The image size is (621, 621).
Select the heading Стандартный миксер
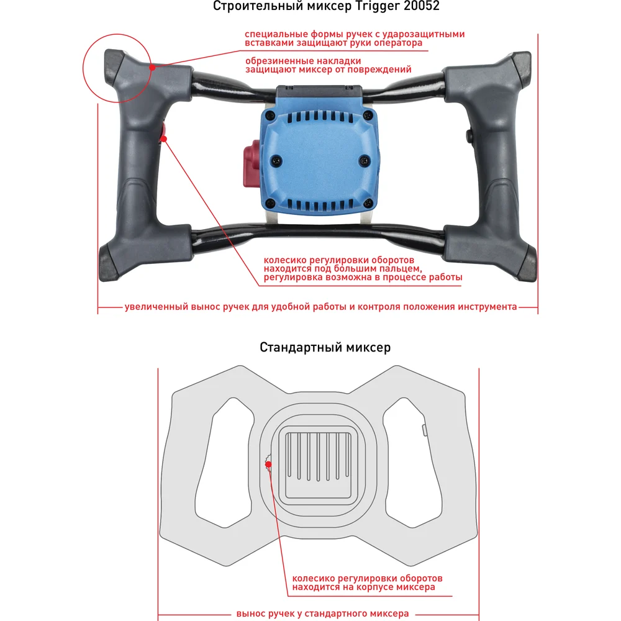(x=325, y=347)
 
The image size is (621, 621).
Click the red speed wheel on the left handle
(x=164, y=133)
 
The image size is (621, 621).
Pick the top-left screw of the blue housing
(x=268, y=116)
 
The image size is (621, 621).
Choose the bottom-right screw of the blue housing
(x=368, y=201)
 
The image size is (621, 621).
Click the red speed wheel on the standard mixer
(x=268, y=463)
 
